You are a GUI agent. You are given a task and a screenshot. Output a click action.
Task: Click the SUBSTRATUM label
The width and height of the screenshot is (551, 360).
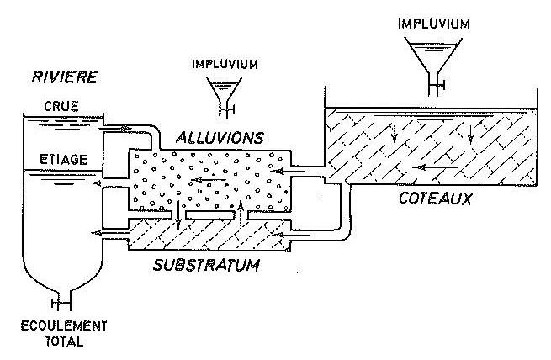tap(206, 266)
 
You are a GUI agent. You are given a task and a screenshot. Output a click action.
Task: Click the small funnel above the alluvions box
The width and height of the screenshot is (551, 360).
tap(224, 87)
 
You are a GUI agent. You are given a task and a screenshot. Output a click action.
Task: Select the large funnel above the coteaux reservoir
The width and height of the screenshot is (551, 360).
tap(433, 56)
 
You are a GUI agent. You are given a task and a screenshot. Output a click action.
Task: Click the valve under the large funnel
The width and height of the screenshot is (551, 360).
tap(437, 85)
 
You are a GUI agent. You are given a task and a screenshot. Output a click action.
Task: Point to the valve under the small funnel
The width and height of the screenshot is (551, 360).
tap(227, 107)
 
